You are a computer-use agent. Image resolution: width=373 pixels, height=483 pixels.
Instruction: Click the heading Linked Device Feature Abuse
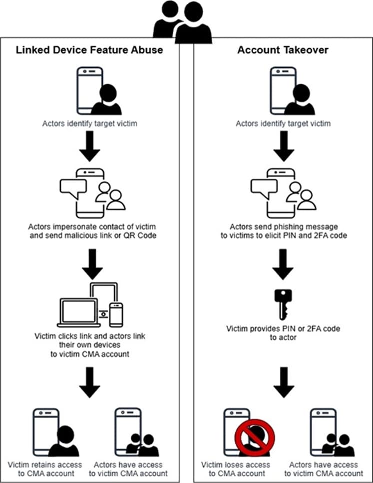90,50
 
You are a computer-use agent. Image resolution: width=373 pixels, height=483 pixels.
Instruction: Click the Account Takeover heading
283,50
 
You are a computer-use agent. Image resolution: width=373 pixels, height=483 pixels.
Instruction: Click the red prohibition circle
255,434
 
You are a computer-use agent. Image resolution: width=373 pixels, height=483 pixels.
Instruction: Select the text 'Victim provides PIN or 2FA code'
283,329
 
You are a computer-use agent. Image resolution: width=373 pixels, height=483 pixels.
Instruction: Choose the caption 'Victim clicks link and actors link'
90,336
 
